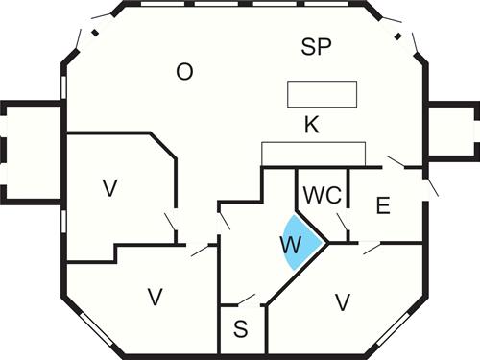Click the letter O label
185,71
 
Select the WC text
322,195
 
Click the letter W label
291,244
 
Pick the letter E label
382,207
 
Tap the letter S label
241,329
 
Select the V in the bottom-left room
154,297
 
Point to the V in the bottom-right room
342,302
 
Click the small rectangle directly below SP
323,94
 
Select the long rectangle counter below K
314,155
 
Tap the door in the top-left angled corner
88,36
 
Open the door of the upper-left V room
172,228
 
